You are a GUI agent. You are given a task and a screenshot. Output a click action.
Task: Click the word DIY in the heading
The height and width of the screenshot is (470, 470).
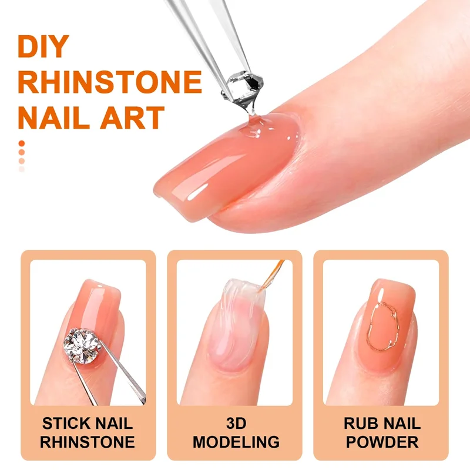[x=43, y=46]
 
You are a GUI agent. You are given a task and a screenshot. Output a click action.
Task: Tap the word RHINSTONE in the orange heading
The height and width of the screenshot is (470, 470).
[x=110, y=82]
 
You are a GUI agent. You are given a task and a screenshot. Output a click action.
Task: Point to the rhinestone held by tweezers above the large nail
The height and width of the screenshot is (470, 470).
[x=243, y=87]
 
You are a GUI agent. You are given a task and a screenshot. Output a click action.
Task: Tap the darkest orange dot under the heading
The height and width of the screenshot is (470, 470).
[x=22, y=143]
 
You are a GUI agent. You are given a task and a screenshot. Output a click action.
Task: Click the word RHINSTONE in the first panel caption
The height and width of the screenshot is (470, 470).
[x=88, y=442]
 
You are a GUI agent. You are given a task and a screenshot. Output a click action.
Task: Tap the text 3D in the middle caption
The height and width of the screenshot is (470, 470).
[x=236, y=423]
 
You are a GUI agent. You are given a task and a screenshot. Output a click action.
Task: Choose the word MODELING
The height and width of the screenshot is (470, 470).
[x=236, y=442]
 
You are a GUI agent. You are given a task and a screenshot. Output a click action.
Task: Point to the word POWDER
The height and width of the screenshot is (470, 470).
[x=382, y=442]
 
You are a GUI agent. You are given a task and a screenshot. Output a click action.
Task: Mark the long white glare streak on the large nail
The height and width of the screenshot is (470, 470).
[x=198, y=192]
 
